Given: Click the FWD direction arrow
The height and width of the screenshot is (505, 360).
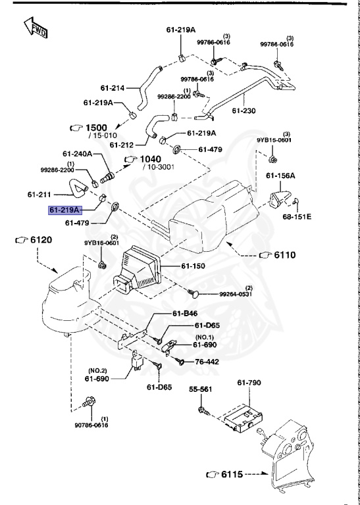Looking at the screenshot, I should (34, 28).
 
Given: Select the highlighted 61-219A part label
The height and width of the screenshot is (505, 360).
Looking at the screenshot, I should (64, 210).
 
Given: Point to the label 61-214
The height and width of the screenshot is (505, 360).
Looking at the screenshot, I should (113, 87).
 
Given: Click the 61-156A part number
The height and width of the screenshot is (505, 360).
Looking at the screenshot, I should (280, 176).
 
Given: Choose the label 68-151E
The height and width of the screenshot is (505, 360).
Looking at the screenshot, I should (297, 216).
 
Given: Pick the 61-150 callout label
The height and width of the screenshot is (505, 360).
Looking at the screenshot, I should (193, 266).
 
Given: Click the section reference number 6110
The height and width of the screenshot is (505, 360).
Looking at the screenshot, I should (286, 254).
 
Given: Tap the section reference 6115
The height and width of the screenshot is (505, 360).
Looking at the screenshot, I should (232, 473).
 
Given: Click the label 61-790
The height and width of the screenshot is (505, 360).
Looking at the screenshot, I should (249, 382).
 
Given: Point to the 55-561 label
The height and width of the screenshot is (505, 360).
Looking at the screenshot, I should (202, 389).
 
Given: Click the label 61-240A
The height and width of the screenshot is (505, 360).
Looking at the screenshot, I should (77, 154).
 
